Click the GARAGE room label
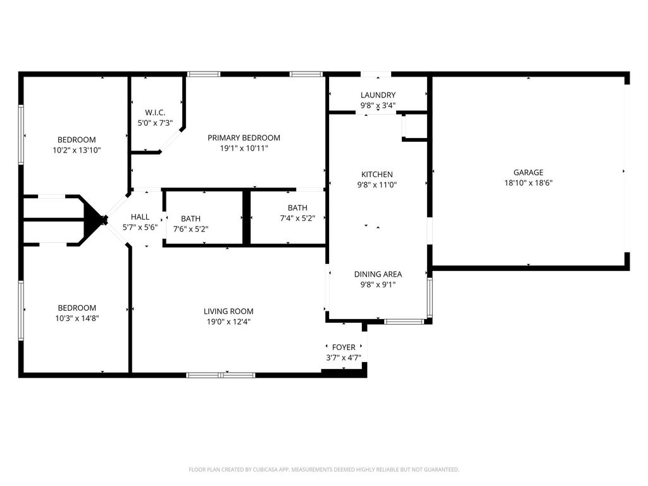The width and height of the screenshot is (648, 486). point(528,173)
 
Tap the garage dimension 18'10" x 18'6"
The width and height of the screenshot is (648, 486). point(528,183)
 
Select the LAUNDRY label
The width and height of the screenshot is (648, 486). point(378,95)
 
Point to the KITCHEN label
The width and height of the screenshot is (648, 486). point(377,175)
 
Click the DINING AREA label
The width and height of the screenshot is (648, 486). point(378,274)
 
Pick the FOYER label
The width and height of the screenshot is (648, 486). point(344,347)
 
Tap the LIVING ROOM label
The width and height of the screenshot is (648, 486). point(228,311)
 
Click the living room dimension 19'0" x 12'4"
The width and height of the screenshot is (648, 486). point(228,322)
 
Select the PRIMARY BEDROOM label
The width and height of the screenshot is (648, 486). point(244,138)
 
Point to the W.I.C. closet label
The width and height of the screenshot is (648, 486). point(155,113)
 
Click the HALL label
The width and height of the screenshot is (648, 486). point(140,217)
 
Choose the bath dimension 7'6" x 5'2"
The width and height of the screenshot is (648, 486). point(190,229)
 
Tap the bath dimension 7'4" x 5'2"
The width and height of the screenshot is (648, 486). point(297,218)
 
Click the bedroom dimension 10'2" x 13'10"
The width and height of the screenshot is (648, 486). point(77,151)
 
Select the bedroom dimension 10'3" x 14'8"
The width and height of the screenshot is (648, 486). point(77,319)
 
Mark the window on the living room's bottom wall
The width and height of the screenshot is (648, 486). point(220,375)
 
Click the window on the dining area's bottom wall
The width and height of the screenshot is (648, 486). point(404,321)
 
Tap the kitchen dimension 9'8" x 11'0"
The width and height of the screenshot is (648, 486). point(377,185)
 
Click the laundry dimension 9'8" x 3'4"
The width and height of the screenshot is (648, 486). point(378,106)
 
